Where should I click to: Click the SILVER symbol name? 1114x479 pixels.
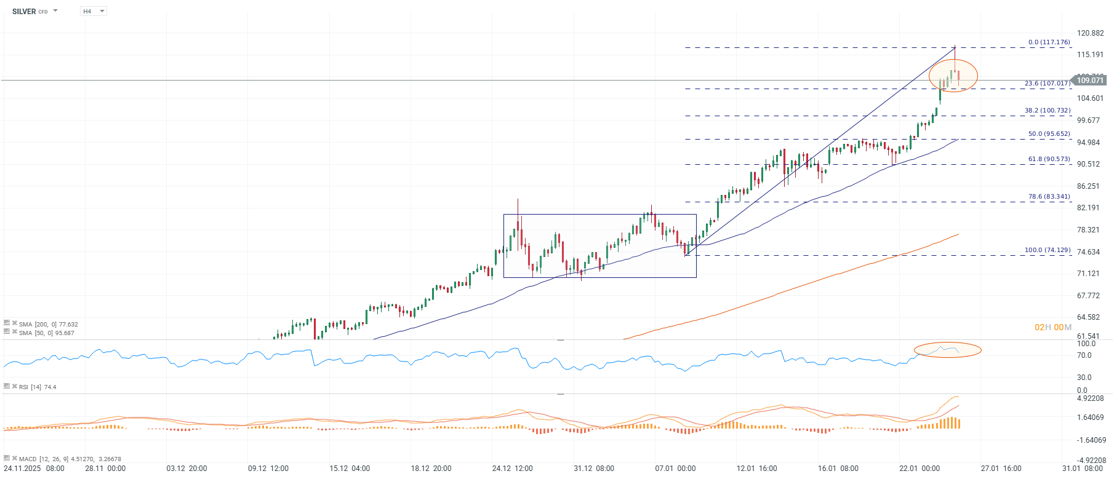tap(24, 12)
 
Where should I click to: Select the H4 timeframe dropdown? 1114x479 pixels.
tap(93, 12)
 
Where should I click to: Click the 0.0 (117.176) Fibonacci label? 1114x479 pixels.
tap(1049, 42)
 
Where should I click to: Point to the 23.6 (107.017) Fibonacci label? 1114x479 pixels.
tap(1047, 84)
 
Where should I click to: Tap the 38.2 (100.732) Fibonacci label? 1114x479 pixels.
tap(1047, 111)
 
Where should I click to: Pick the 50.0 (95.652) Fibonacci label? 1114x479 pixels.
tap(1049, 134)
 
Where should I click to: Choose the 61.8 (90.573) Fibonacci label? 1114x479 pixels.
tap(1049, 159)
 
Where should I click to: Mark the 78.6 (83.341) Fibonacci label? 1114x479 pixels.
tap(1049, 197)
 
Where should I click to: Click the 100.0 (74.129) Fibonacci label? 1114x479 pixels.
tap(1047, 250)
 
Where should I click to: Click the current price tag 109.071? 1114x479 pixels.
tap(1090, 81)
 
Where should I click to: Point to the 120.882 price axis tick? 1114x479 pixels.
tap(1090, 33)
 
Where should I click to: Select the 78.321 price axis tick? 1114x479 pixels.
tap(1088, 230)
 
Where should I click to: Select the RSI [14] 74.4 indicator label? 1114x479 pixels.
tap(37, 387)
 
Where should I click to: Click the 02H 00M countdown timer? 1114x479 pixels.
tap(1052, 327)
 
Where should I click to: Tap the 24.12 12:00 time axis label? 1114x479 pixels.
tap(512, 469)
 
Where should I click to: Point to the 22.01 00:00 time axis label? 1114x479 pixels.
tap(919, 469)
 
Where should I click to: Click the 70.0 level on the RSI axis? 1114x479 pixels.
tap(1084, 355)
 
